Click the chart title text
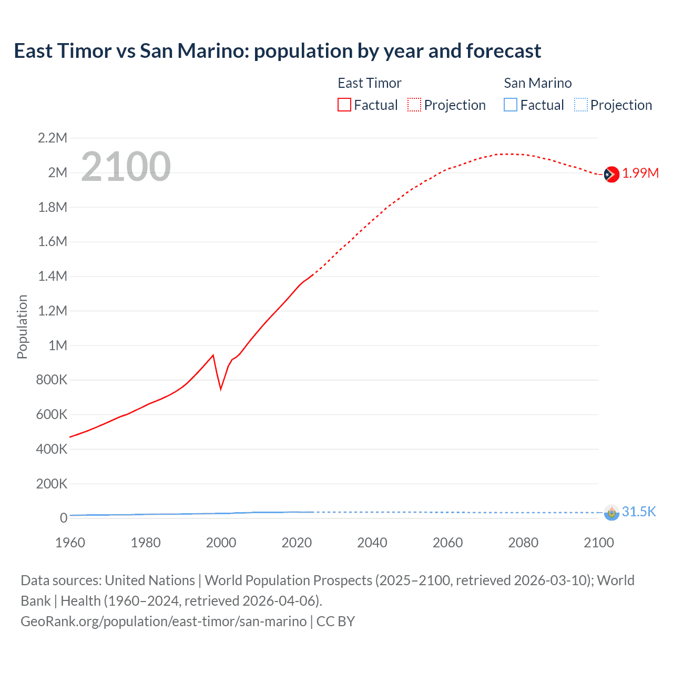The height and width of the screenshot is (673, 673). coord(277,51)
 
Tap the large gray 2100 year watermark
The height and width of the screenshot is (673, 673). coord(126,167)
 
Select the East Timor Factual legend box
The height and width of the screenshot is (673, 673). coord(344,105)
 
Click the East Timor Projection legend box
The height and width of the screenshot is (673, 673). coord(414,105)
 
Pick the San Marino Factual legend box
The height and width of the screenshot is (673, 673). coord(510,105)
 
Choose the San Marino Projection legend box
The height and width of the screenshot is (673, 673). coord(580,105)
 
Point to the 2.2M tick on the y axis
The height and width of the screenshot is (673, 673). coord(53,138)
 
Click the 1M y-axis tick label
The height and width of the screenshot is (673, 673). coord(58,345)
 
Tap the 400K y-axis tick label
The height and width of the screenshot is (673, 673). coord(52,449)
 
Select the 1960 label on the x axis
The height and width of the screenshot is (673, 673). coord(70,543)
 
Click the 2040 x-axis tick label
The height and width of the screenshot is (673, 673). coord(372,543)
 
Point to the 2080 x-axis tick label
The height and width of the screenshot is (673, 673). coord(523,543)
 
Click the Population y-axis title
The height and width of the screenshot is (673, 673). coord(22,327)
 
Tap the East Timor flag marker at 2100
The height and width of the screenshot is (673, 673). coord(611,174)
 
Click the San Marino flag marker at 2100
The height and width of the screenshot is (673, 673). coord(611,512)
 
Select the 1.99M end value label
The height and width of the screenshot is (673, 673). coord(640,174)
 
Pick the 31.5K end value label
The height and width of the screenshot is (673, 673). coord(639,512)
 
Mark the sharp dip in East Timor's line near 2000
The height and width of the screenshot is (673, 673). coord(221,389)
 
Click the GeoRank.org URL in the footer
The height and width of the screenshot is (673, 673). coord(164,621)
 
